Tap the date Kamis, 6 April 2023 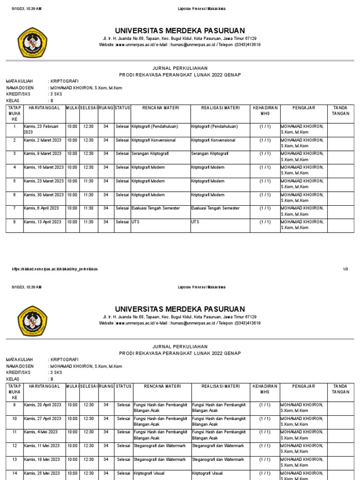coord(42,208)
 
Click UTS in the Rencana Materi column coord(135,222)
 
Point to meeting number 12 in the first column coord(15,446)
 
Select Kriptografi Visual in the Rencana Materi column coord(149,473)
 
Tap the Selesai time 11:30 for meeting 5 coord(89,181)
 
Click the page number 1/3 coord(345,269)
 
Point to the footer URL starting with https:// coord(55,269)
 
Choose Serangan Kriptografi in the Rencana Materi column coord(150,154)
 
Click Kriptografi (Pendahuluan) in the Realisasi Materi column coord(214,127)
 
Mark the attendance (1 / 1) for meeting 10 coord(265,419)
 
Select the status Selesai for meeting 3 coord(122,154)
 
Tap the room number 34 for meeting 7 coord(106,208)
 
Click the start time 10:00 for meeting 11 coord(72,432)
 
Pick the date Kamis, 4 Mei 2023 coord(41,432)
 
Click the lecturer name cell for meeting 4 coord(303,170)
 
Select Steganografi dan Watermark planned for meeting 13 coord(160,459)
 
